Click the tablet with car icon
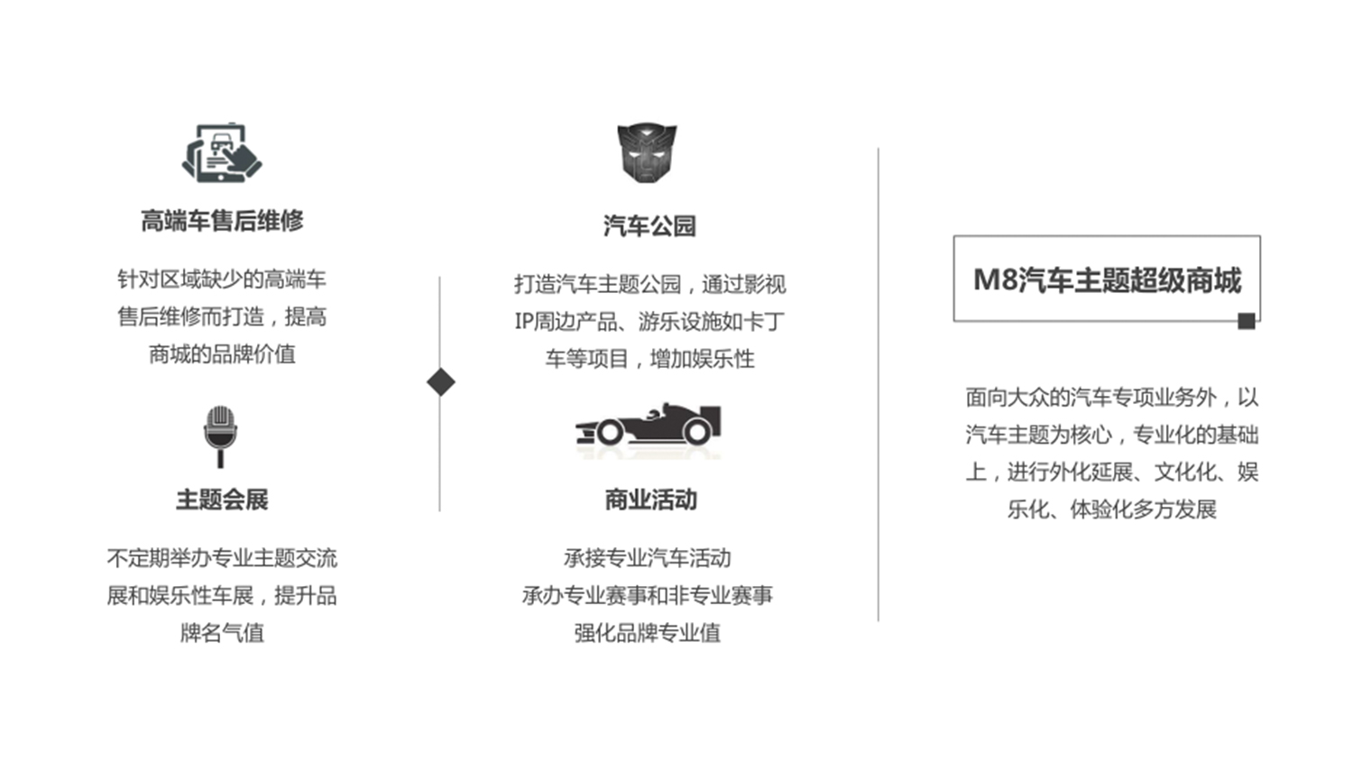click(222, 152)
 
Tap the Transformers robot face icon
click(647, 152)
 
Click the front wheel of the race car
click(610, 432)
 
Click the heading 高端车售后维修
click(222, 220)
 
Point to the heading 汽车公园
click(649, 226)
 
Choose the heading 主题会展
click(222, 500)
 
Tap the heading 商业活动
click(650, 500)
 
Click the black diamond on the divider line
click(441, 381)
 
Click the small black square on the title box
click(1246, 321)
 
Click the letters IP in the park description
click(524, 321)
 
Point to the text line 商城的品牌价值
click(222, 354)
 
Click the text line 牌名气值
click(222, 633)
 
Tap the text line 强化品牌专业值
click(648, 633)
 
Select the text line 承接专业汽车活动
click(648, 558)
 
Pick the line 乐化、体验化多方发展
click(1111, 509)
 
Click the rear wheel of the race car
click(697, 432)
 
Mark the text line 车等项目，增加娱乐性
click(650, 359)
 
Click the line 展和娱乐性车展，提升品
click(222, 595)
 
